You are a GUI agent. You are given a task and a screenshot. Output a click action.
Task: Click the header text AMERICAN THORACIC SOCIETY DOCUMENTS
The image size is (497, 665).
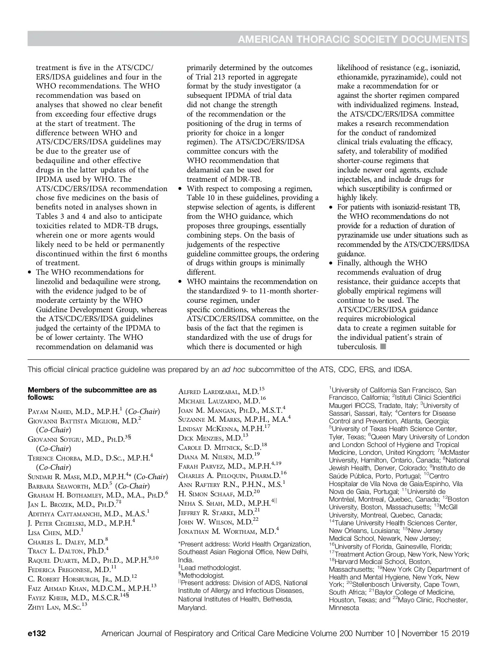pyautogui.click(x=353, y=40)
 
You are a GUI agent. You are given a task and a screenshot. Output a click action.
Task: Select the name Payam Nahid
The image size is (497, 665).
pyautogui.click(x=49, y=412)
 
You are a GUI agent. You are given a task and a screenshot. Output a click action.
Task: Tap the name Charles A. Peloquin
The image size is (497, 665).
pyautogui.click(x=214, y=476)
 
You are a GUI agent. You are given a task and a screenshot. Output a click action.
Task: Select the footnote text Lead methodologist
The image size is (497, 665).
pyautogui.click(x=210, y=568)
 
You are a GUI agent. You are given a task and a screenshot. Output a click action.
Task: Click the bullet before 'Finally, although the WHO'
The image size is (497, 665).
pyautogui.click(x=331, y=264)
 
